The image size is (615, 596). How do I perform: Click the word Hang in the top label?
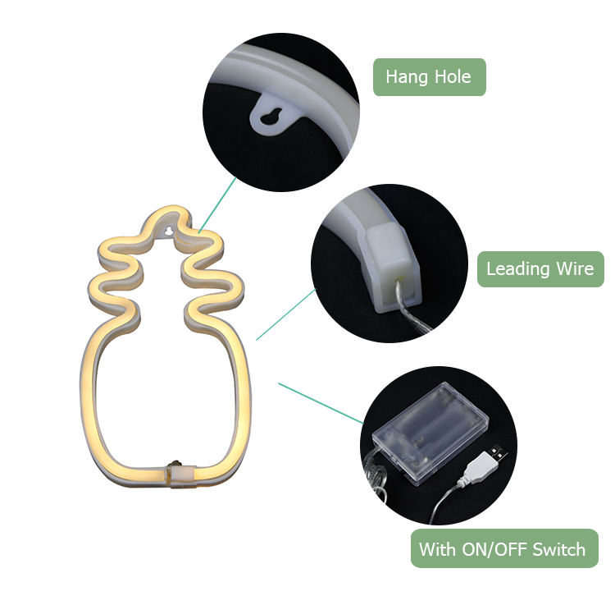pos(407,77)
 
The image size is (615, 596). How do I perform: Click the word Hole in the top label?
pos(453,76)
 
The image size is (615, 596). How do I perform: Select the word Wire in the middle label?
pos(576,269)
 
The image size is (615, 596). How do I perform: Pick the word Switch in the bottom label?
pos(559,549)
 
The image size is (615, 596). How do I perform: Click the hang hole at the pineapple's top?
pos(169,231)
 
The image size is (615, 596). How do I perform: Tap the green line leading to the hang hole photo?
pos(217,204)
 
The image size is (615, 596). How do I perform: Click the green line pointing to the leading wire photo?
pos(286,314)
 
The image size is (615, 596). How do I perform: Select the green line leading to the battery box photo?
pos(321,403)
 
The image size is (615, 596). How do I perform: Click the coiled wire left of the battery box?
pos(375,477)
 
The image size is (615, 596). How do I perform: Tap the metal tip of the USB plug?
pos(498,454)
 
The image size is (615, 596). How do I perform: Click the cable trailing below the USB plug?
pos(445,502)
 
